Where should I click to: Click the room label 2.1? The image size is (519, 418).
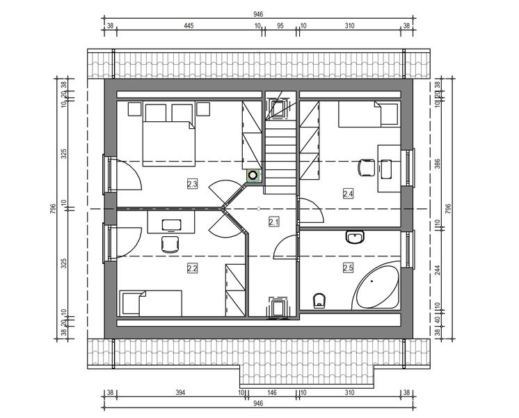pyautogui.click(x=273, y=222)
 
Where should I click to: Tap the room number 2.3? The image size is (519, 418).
pyautogui.click(x=193, y=184)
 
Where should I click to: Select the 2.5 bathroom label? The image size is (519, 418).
pyautogui.click(x=348, y=267)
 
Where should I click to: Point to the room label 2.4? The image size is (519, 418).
pyautogui.click(x=349, y=194)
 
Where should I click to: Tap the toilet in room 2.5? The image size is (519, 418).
pyautogui.click(x=319, y=300)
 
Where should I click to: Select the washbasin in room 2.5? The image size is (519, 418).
pyautogui.click(x=355, y=238)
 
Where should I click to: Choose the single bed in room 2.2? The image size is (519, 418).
pyautogui.click(x=151, y=303)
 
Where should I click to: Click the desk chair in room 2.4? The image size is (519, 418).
pyautogui.click(x=365, y=167)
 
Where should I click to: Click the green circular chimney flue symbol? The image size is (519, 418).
pyautogui.click(x=254, y=176)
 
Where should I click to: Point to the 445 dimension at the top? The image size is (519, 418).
pyautogui.click(x=188, y=26)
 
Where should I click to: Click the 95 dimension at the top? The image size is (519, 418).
pyautogui.click(x=280, y=26)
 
